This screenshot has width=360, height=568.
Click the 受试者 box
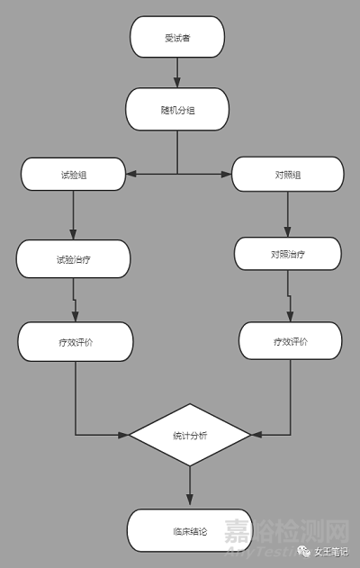177,37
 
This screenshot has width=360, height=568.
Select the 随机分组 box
177,109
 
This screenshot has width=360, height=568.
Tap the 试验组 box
73,175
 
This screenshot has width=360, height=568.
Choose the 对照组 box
288,175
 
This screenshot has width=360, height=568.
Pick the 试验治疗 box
73,259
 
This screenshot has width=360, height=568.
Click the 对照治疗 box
288,254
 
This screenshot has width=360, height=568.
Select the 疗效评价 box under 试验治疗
76,341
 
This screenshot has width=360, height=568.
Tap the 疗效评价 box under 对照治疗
290,341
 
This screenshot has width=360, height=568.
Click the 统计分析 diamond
190,435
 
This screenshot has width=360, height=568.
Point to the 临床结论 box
190,530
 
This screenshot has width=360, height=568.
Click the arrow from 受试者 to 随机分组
177,72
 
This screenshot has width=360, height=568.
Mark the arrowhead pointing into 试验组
130,175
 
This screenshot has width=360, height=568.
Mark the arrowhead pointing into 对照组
227,175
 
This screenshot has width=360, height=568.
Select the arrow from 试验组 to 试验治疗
73,215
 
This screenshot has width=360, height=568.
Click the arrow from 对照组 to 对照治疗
288,214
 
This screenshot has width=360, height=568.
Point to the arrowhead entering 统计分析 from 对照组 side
256,435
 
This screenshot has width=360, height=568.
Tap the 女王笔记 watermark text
331,552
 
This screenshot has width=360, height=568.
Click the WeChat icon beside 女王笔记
304,551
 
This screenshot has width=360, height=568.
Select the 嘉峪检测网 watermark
286,531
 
